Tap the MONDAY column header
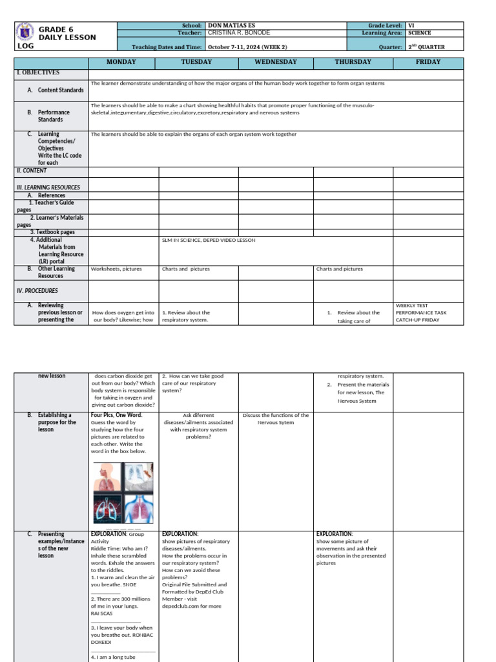(x=123, y=62)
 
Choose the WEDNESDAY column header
(x=275, y=62)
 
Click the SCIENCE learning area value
(x=420, y=33)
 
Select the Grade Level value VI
(x=411, y=25)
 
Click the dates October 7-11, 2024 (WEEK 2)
(x=247, y=47)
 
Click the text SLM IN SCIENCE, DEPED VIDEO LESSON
(x=209, y=240)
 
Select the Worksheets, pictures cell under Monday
(x=116, y=269)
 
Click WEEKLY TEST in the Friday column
(x=411, y=305)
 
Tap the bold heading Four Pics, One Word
(x=116, y=415)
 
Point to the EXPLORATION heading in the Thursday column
(x=334, y=534)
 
